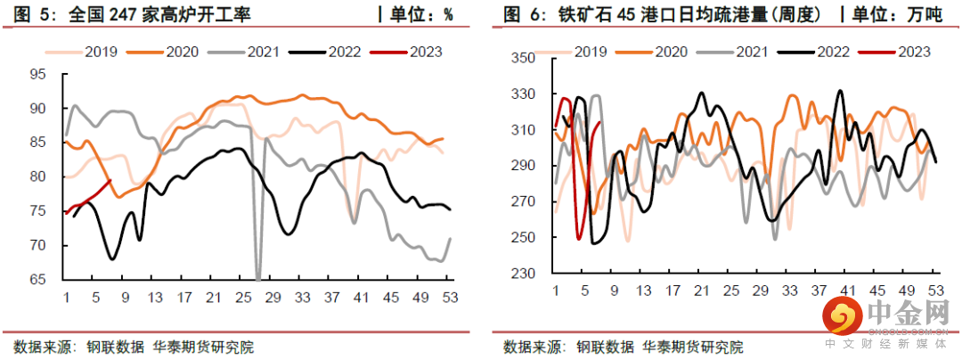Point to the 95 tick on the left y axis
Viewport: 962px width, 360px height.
click(x=39, y=74)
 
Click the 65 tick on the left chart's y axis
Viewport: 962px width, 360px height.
click(x=39, y=280)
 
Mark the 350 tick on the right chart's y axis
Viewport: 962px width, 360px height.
click(x=521, y=58)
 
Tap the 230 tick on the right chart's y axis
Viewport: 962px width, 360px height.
click(x=521, y=273)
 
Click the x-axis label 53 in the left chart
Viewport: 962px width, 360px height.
click(x=449, y=298)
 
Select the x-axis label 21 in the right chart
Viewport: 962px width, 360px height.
click(x=702, y=290)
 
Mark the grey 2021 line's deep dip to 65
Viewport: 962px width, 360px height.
click(x=258, y=278)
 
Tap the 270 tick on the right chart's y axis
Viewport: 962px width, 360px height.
click(x=521, y=201)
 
